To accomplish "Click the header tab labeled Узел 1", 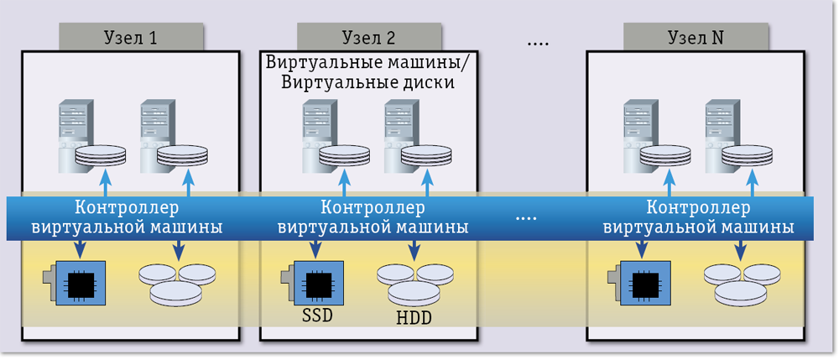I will click(130, 38).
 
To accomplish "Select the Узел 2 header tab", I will click(368, 38).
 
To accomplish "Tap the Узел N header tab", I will click(696, 38).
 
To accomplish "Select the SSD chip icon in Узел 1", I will click(76, 284).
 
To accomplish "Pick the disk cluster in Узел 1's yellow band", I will click(177, 284).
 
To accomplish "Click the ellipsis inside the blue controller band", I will click(526, 218).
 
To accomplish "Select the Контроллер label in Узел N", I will click(698, 207).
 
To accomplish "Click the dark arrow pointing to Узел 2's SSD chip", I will click(316, 249).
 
